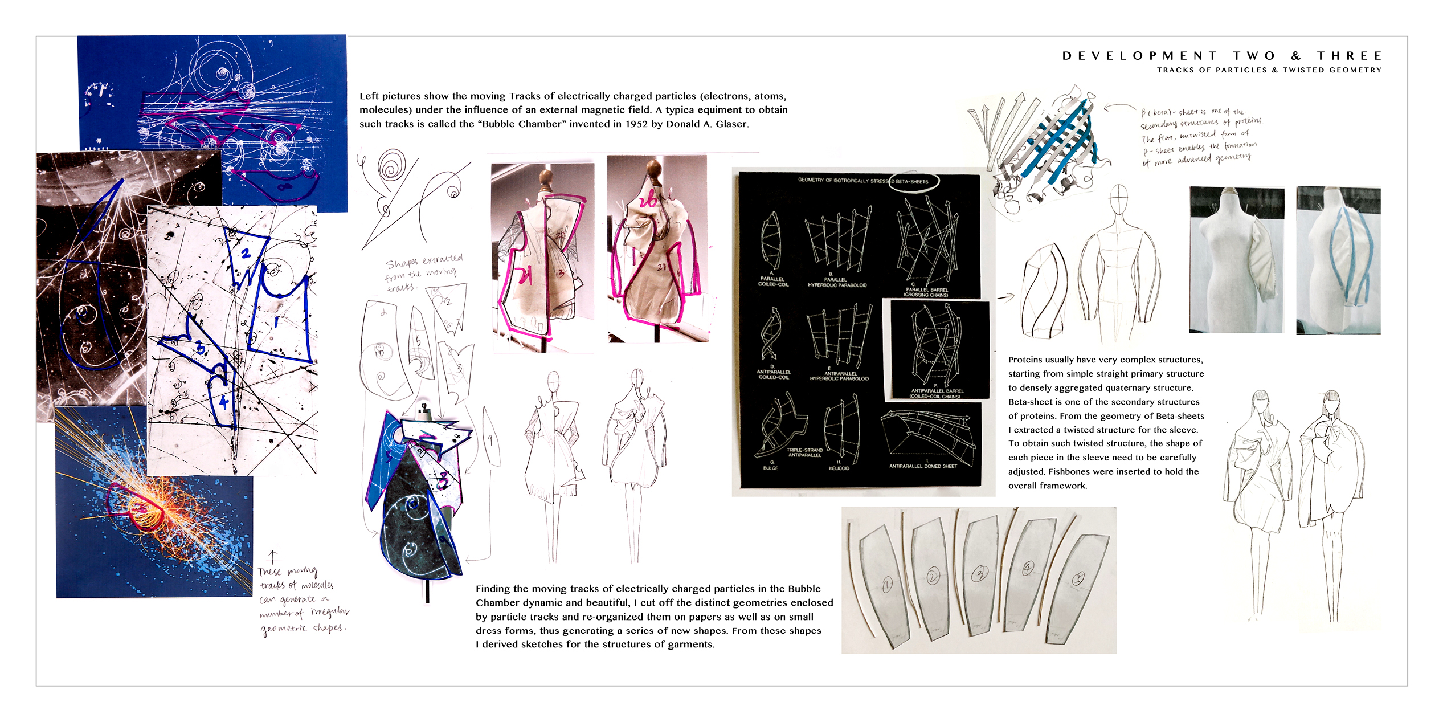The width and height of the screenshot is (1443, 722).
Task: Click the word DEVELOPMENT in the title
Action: click(1139, 56)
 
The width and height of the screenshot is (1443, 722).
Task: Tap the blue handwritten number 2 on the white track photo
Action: click(246, 253)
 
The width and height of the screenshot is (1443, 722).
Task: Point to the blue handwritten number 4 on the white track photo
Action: click(223, 403)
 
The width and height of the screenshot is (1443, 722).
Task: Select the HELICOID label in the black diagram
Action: click(839, 468)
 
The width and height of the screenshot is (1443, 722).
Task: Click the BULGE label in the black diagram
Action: click(770, 468)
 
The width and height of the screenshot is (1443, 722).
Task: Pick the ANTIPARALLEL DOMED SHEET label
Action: click(923, 466)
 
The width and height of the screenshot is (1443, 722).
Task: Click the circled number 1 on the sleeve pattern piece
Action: click(887, 584)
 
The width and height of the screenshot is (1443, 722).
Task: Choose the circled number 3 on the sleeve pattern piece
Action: click(980, 573)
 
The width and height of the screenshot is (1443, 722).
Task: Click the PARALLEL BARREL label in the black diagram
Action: click(927, 290)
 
